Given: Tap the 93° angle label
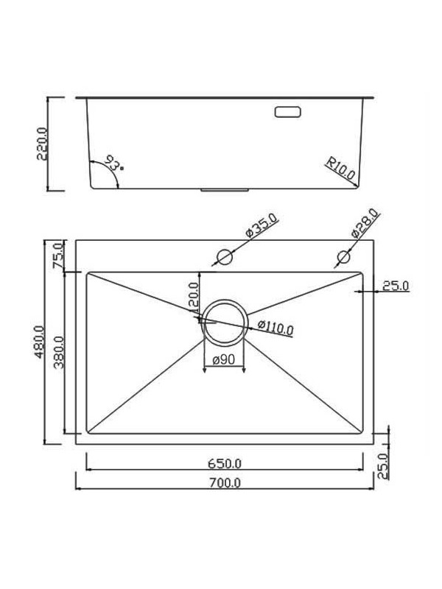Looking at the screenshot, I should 114,163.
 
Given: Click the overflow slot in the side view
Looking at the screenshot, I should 287,112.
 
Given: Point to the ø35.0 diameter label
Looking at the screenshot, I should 261,223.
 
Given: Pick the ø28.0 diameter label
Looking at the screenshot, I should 365,222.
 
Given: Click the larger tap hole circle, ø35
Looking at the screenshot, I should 224,257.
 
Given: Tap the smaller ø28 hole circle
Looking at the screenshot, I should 343,257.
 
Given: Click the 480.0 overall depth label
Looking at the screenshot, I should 42,341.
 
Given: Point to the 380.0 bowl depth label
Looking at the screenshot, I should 60,353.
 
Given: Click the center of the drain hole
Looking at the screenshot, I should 224,323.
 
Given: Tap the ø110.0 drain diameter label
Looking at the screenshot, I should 276,329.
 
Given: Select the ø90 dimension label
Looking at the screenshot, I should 224,359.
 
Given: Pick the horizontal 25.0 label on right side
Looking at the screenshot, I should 395,286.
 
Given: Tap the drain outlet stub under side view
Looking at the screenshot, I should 225,191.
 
